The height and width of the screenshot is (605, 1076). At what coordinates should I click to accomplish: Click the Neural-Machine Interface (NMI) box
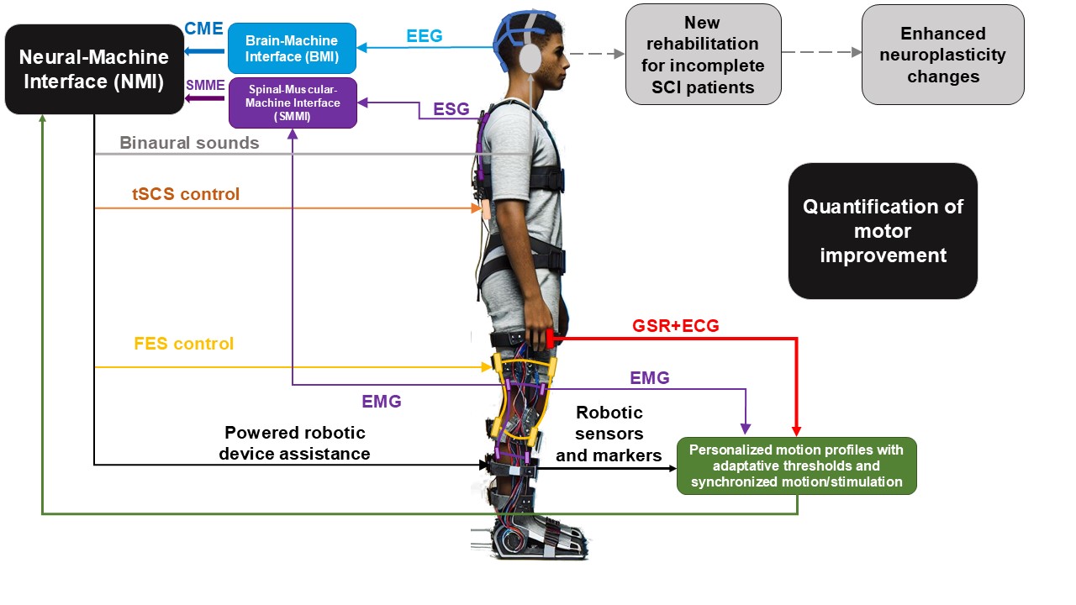[94, 70]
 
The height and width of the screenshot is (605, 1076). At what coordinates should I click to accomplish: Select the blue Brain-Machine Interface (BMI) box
[292, 49]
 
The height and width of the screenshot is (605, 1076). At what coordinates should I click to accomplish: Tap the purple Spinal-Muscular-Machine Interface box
[292, 103]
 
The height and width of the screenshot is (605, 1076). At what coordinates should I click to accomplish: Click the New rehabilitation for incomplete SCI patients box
[704, 55]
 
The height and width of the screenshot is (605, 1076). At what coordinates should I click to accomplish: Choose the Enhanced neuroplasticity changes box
[942, 55]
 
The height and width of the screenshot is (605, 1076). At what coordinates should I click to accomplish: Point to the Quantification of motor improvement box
[883, 231]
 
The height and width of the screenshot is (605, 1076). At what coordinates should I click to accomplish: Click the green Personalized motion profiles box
[796, 466]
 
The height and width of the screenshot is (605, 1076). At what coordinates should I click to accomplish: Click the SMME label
[204, 84]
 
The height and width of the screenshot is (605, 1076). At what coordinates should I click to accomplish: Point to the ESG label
[451, 109]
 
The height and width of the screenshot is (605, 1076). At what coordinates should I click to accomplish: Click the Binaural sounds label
[189, 143]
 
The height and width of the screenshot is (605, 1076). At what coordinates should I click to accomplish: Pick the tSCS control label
[186, 194]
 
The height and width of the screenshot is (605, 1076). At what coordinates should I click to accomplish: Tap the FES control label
[183, 344]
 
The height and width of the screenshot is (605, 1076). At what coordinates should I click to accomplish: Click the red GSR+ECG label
[675, 326]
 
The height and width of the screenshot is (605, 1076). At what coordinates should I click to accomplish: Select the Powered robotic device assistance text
[296, 443]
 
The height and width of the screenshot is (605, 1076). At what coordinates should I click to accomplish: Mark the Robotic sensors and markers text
[609, 434]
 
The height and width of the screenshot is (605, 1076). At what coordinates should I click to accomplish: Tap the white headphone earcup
[530, 60]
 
